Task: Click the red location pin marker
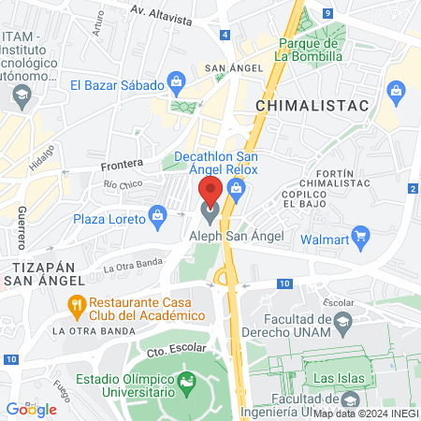point(210,192)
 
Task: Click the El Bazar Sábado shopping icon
point(175,83)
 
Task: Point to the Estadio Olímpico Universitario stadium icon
point(188,382)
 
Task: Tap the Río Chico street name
point(123,185)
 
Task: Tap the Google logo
point(31,409)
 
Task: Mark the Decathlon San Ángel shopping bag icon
point(236,190)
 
